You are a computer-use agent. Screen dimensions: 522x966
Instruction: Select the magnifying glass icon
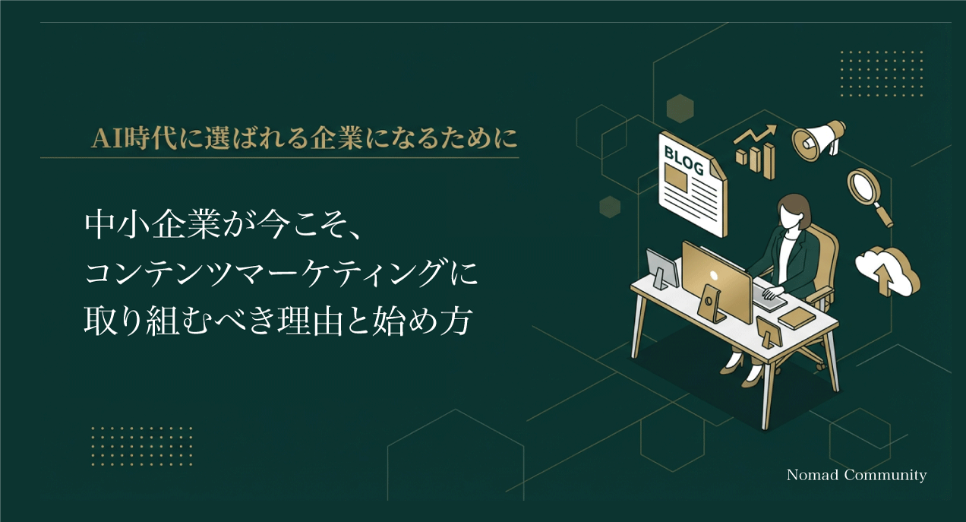869,193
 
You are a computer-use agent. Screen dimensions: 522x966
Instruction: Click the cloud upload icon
886,270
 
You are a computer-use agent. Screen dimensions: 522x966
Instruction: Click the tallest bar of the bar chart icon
769,160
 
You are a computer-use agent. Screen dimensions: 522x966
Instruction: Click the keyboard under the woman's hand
768,297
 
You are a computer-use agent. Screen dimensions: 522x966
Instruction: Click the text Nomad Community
856,476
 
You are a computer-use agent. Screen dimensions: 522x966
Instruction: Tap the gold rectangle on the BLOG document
675,178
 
